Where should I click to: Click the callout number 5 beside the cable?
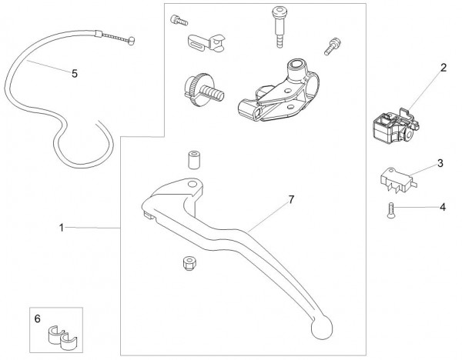coord(75,73)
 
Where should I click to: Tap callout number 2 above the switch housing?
coord(444,68)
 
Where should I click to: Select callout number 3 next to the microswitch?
coord(440,163)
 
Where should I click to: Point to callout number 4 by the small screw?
coord(443,207)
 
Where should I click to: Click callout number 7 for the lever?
coord(291,199)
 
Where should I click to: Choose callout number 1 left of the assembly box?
coord(62,228)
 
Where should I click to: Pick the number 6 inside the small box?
coord(38,318)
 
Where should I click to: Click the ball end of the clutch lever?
coord(321,328)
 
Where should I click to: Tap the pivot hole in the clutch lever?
coord(192,185)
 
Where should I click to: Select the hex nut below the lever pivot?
coord(189,263)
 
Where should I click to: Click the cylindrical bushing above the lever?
coord(193,160)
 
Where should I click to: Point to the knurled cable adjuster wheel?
coord(193,88)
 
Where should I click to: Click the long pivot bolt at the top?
coord(279,27)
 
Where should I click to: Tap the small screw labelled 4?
coord(390,211)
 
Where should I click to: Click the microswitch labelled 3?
coord(398,181)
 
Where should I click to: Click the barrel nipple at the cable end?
coord(131,41)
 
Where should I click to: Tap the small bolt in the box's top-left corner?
coord(179,20)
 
